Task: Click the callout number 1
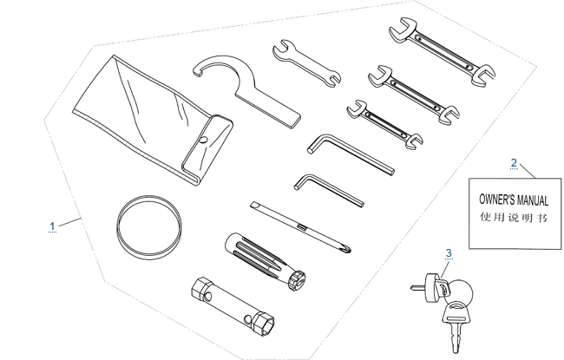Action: pyautogui.click(x=53, y=226)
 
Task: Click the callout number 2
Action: pyautogui.click(x=514, y=163)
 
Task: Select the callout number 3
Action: pyautogui.click(x=449, y=252)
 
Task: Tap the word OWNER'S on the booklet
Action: pyautogui.click(x=496, y=200)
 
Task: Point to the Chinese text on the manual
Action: pyautogui.click(x=514, y=217)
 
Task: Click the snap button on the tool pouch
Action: pyautogui.click(x=204, y=140)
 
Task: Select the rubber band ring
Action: pyautogui.click(x=149, y=227)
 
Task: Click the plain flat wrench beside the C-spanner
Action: pyautogui.click(x=306, y=63)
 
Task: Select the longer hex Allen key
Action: pyautogui.click(x=350, y=153)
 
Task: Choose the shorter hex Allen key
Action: pyautogui.click(x=328, y=188)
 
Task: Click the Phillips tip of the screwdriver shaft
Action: pyautogui.click(x=348, y=248)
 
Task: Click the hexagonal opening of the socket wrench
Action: pyautogui.click(x=266, y=324)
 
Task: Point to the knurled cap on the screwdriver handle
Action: pyautogui.click(x=297, y=280)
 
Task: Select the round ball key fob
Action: pyautogui.click(x=461, y=292)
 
